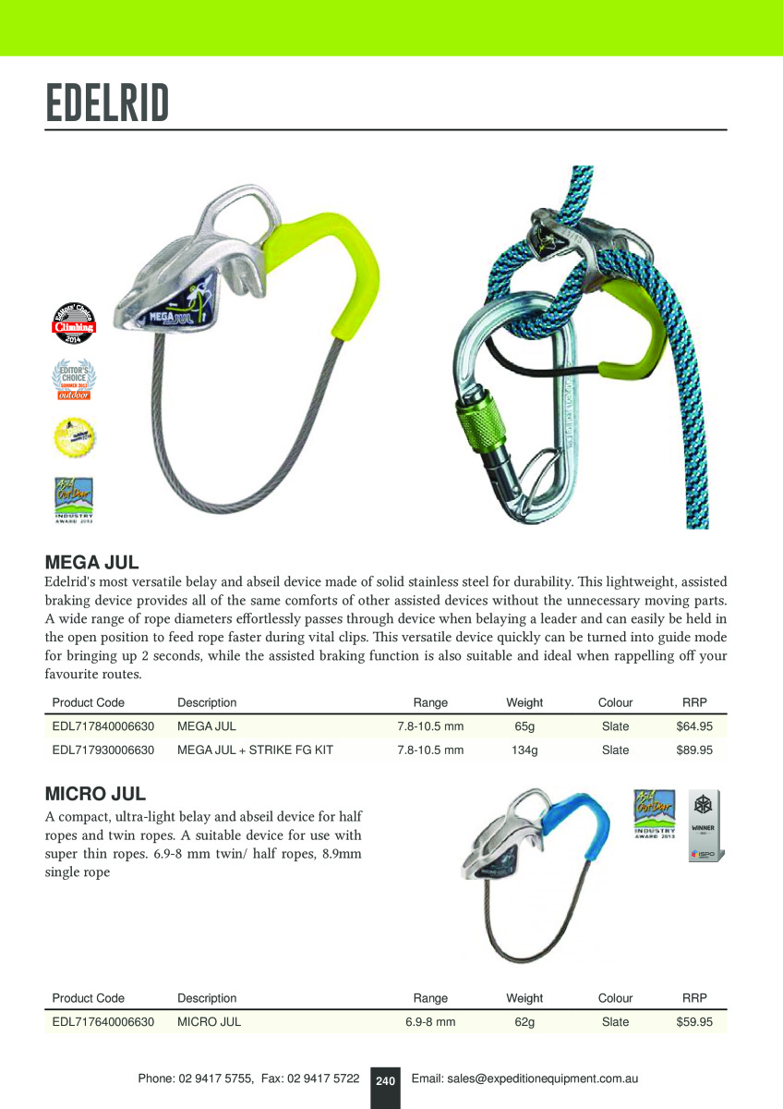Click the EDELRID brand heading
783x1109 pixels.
click(107, 104)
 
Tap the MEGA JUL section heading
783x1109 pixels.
click(91, 562)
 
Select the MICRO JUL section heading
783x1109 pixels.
click(95, 794)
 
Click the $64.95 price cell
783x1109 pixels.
click(694, 726)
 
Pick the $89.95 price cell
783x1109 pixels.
click(694, 750)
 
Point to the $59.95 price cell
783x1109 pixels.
click(694, 1022)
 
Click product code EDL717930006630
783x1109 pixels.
click(103, 750)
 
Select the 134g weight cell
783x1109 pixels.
click(524, 750)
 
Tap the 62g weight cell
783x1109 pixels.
click(524, 1022)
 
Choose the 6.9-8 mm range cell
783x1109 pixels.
click(430, 1022)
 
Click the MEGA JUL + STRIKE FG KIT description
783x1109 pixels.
click(255, 750)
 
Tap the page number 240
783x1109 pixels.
click(385, 1080)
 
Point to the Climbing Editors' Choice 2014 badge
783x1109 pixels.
click(73, 325)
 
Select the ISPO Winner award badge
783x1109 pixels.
click(705, 824)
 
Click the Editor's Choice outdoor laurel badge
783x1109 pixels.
click(73, 380)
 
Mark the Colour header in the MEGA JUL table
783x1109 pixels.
click(615, 702)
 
